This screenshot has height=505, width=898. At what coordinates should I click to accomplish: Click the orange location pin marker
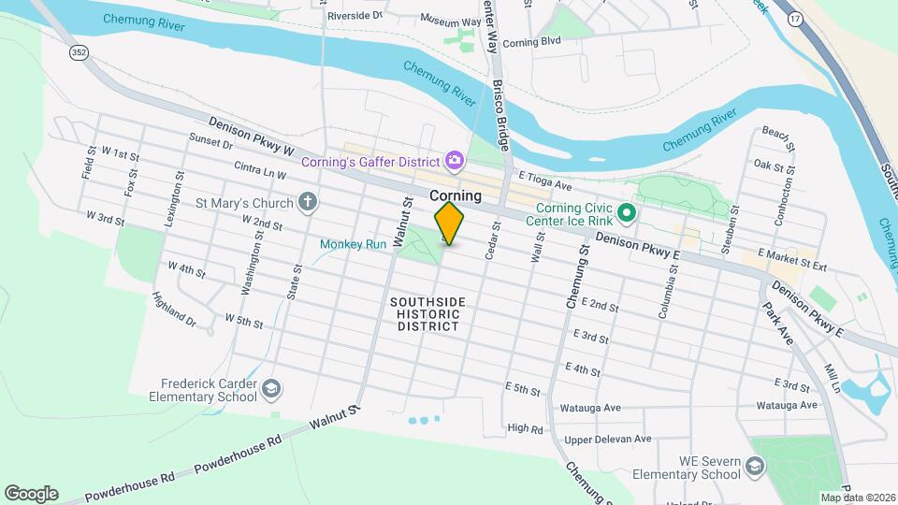click(449, 224)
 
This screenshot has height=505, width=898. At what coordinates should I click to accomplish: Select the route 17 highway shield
click(795, 19)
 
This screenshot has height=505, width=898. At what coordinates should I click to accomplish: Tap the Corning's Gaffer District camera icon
click(454, 162)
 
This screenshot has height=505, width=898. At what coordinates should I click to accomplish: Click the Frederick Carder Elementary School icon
click(270, 388)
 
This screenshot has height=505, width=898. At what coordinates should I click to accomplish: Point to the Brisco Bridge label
click(500, 116)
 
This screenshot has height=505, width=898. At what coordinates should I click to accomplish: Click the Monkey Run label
click(353, 244)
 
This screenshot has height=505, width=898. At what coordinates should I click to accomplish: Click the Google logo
click(31, 493)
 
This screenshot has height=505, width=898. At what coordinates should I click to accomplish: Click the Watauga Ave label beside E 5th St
click(590, 409)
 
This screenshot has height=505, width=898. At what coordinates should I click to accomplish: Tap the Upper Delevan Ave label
click(607, 439)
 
